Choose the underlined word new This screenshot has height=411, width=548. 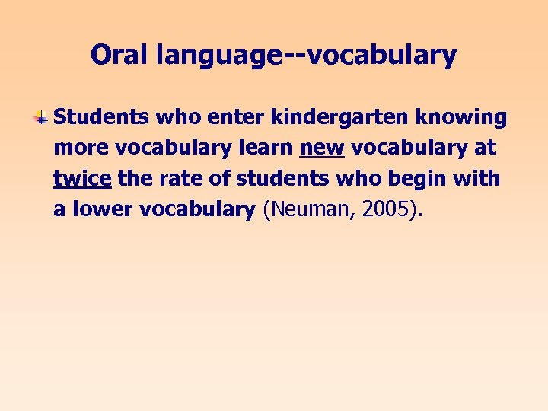coord(323,148)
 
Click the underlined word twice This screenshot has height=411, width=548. coord(82,179)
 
